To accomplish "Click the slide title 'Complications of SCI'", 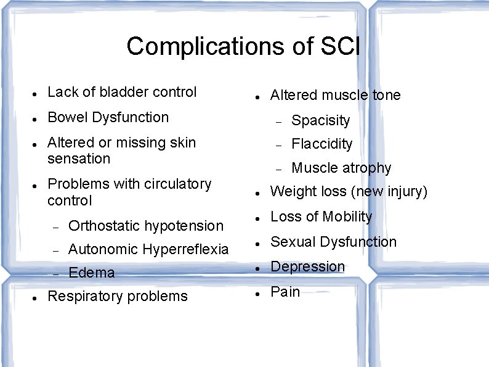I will click(243, 46).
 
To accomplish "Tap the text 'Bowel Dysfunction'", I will click(108, 117).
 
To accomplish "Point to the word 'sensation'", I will click(78, 159).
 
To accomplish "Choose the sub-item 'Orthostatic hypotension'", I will click(146, 226).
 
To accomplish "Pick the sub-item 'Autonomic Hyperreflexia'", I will click(148, 249).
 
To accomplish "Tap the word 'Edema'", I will click(92, 273).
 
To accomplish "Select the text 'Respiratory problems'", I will click(117, 296).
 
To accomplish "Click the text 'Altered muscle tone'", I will click(335, 95).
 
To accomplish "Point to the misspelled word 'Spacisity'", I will click(320, 120).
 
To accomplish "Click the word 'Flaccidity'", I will click(321, 144).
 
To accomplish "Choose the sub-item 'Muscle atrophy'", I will click(341, 168).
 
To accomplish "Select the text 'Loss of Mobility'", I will click(321, 216).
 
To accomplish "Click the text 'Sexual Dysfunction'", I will click(333, 242).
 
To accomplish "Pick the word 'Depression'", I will click(307, 266).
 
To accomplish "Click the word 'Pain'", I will click(285, 292).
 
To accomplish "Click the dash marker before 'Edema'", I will click(55, 274).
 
